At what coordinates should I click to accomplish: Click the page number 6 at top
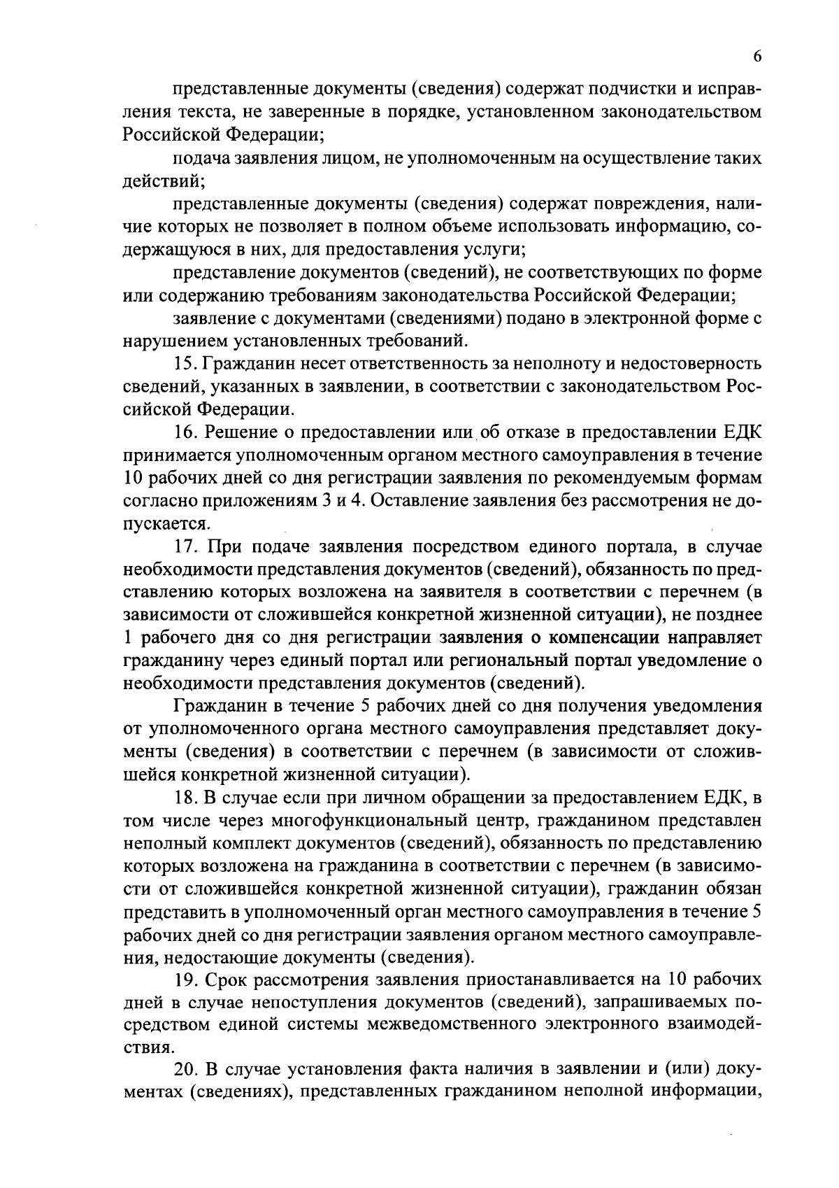[758, 59]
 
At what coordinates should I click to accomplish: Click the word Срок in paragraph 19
[229, 979]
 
